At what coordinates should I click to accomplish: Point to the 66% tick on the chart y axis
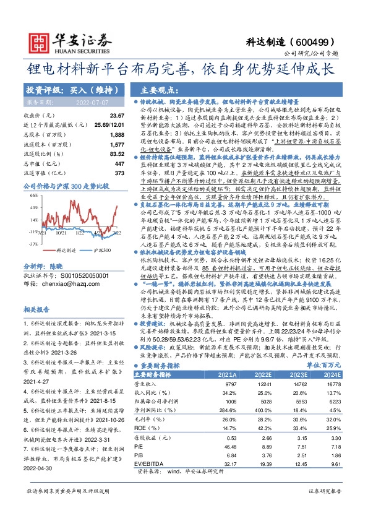pos(28,196)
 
